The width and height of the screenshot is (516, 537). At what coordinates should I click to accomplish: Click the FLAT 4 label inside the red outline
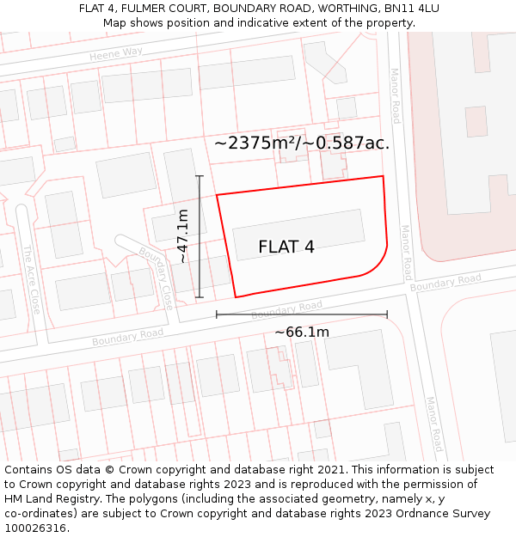pos(286,247)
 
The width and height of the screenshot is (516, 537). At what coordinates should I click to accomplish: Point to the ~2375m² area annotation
pos(301,143)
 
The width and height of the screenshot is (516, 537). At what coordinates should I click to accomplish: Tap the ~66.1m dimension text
pos(301,332)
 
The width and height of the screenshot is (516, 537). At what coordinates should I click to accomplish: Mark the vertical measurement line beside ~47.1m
pos(200,236)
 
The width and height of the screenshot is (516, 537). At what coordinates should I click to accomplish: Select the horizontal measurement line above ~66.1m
pos(301,314)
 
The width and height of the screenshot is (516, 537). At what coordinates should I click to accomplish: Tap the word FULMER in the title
pos(146,8)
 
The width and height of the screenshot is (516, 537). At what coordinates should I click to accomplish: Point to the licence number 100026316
pos(35,528)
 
